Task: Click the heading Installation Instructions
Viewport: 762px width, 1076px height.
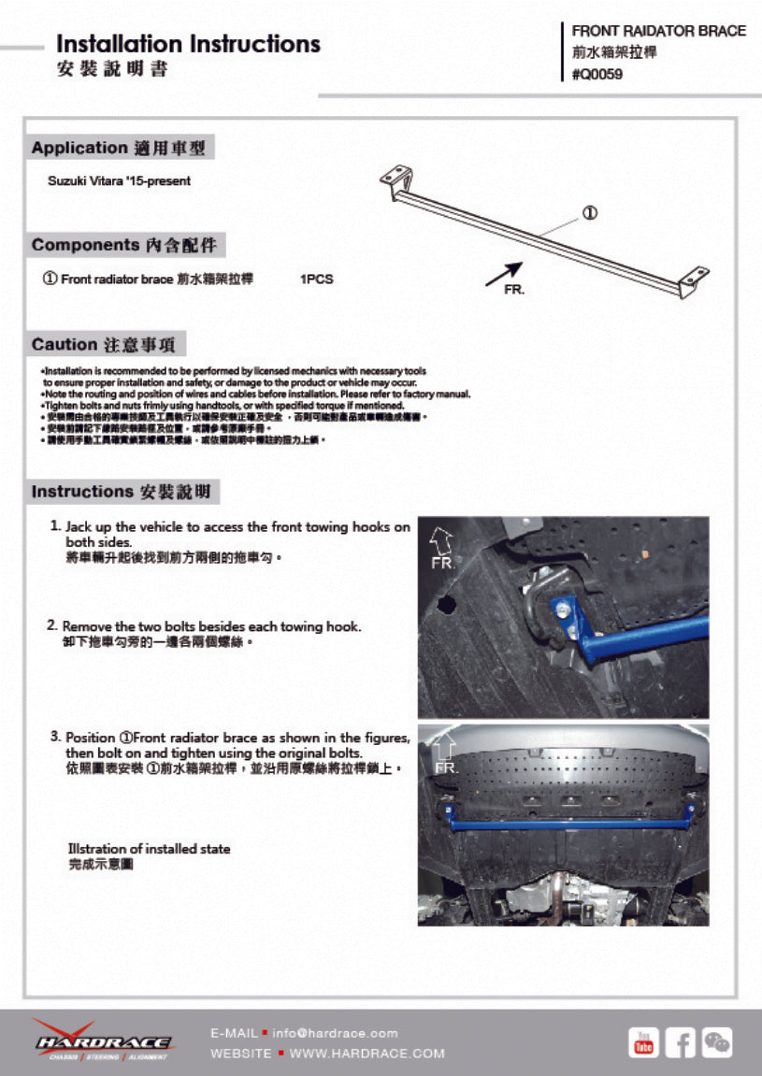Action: (188, 44)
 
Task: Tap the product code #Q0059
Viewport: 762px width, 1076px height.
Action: (597, 75)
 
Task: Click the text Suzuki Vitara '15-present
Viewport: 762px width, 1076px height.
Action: (119, 181)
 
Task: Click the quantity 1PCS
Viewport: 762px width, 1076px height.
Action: (316, 280)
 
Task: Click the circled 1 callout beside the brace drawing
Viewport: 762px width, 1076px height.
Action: (590, 212)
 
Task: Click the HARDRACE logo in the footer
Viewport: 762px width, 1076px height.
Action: (101, 1040)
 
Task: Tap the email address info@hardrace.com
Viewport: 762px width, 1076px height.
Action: (335, 1033)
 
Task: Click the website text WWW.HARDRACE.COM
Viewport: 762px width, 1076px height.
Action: (367, 1054)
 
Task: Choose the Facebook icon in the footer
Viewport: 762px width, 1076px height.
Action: (680, 1041)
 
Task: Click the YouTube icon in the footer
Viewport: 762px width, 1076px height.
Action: (643, 1041)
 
